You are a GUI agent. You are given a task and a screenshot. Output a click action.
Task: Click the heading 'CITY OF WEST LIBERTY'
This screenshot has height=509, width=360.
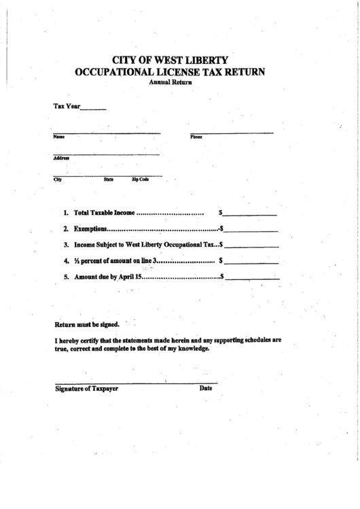pos(170,59)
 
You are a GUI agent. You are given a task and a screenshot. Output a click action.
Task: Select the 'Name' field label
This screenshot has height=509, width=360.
pos(58,137)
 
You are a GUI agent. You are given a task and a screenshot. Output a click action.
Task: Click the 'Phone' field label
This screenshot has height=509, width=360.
pos(196,137)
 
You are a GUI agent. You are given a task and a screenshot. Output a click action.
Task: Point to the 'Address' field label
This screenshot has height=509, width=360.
pos(61,158)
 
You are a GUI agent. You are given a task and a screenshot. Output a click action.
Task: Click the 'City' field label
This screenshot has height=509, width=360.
pos(58,179)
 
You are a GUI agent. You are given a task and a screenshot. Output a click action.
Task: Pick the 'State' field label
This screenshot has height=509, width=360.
pos(109,179)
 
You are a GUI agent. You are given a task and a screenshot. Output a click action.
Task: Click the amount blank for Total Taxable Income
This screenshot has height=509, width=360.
pos(252,214)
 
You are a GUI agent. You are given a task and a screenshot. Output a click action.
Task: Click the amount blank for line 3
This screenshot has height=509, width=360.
pos(253,245)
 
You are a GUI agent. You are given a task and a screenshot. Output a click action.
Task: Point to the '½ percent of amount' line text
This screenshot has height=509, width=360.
pos(115,261)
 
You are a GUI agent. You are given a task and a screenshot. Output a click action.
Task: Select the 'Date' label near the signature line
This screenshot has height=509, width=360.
pos(206,389)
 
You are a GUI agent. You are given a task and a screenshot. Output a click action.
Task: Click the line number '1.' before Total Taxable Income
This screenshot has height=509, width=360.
pos(67,213)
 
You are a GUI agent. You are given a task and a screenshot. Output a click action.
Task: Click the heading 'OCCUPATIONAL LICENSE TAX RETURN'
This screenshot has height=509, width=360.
pos(170,71)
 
